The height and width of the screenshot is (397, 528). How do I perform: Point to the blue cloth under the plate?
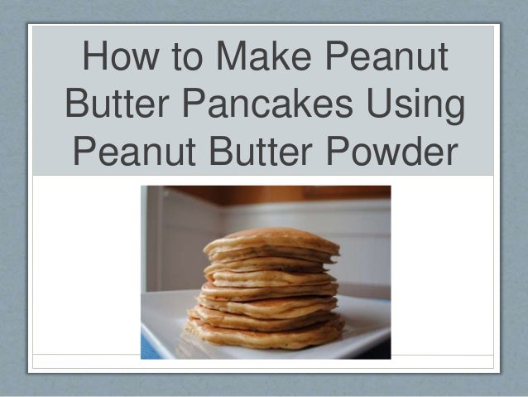tap(150, 347)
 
